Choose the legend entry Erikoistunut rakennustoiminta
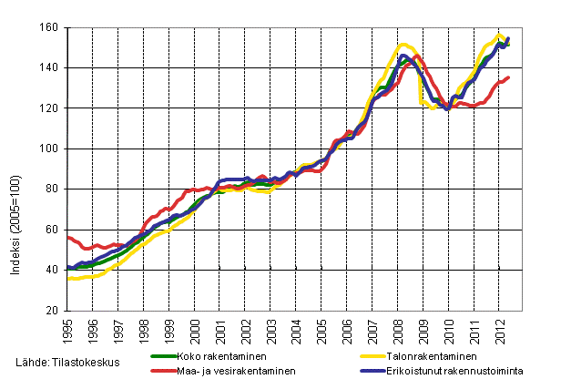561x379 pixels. (453, 371)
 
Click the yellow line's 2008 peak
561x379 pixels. (403, 44)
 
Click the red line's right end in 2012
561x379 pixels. (508, 77)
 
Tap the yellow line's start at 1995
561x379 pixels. (68, 279)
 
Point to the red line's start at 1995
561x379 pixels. (68, 237)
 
